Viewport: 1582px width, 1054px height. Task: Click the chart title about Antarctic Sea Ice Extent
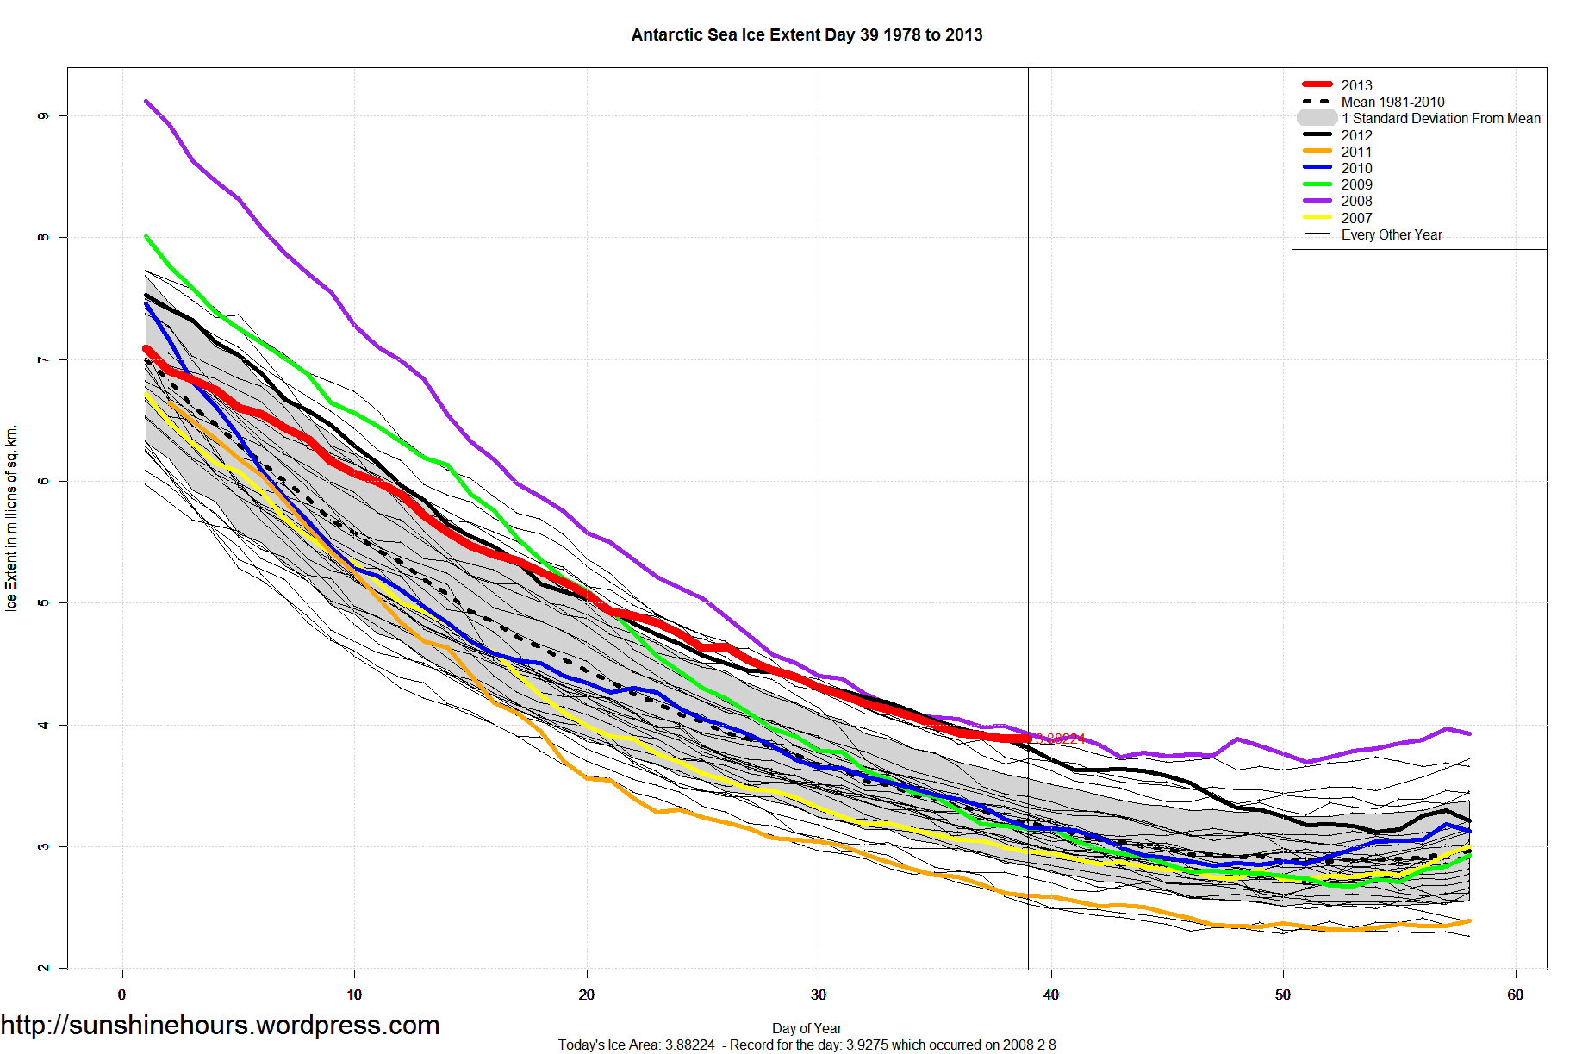coord(807,35)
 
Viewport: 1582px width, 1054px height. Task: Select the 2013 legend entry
coord(1356,85)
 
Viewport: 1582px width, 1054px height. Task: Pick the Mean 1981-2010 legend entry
coord(1392,102)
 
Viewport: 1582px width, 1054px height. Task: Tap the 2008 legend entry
coord(1356,201)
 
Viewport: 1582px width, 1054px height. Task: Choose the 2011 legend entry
coord(1356,152)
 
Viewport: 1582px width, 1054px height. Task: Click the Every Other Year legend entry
coord(1391,234)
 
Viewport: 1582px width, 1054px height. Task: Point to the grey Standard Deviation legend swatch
coord(1317,118)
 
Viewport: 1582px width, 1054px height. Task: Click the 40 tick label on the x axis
coord(1050,995)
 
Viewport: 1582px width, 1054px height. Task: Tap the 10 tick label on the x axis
coord(354,995)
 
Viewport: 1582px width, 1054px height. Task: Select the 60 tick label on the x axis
coord(1515,995)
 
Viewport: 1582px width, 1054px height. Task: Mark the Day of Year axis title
coord(807,1028)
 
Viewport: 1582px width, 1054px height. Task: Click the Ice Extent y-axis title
coord(11,517)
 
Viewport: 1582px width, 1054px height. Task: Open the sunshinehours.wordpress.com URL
coord(220,1025)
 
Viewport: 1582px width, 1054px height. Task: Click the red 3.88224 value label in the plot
coord(1060,739)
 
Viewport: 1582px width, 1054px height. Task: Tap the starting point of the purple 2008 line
coord(146,101)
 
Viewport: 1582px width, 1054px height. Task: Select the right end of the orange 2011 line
coord(1469,920)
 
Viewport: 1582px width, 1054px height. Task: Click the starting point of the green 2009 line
coord(146,236)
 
